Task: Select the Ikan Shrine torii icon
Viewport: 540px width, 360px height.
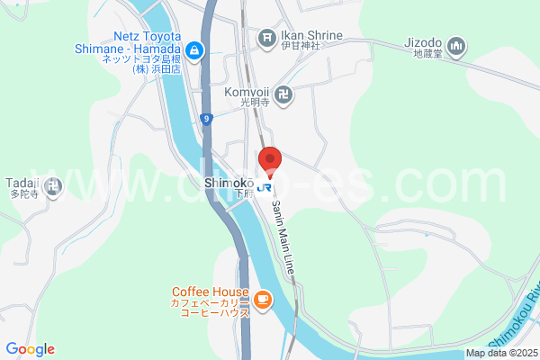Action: [x=266, y=37]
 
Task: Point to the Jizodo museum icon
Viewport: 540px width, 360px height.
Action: [x=456, y=44]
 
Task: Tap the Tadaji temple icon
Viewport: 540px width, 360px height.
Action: [x=54, y=186]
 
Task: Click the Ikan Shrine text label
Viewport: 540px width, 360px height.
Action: [x=311, y=36]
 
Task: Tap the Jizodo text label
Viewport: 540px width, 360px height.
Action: [x=422, y=42]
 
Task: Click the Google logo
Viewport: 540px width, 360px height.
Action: [x=30, y=349]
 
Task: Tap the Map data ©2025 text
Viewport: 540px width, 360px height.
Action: [x=500, y=354]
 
